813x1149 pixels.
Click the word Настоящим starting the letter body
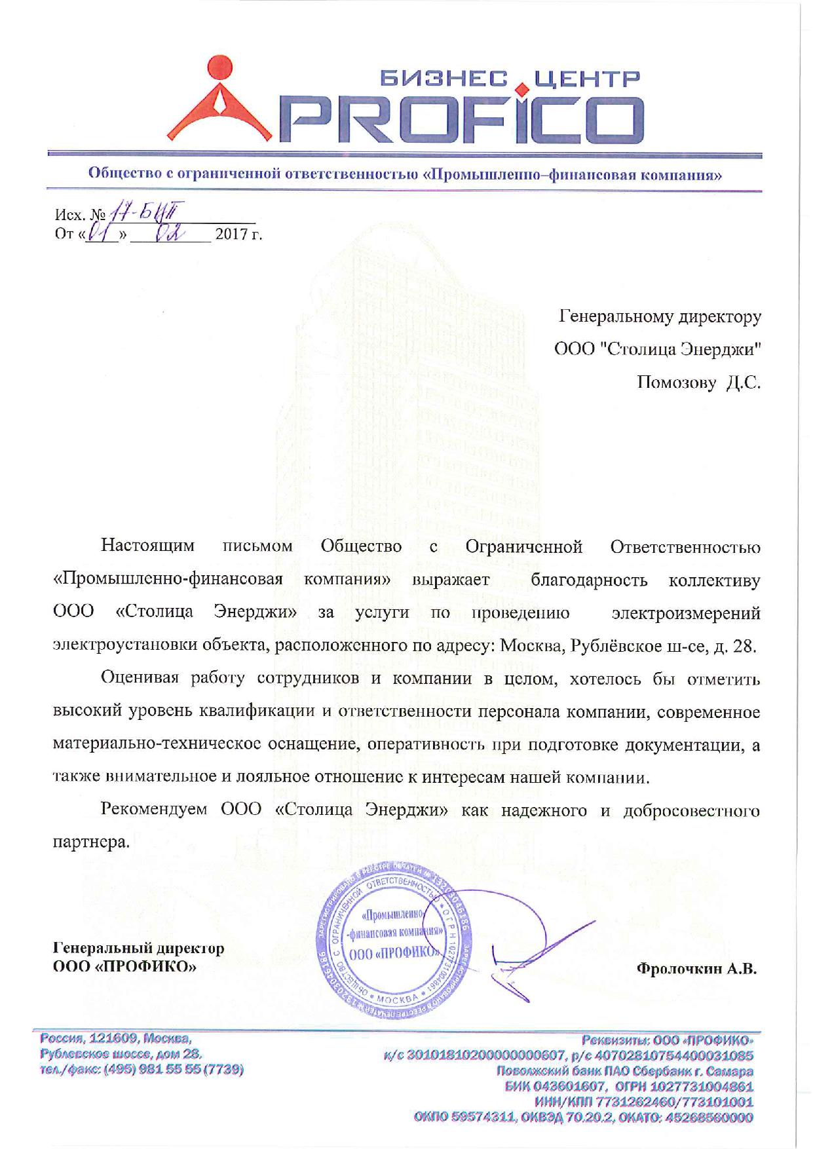pos(147,546)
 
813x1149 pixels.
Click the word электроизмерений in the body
pos(686,613)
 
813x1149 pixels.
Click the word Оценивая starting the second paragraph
pos(140,679)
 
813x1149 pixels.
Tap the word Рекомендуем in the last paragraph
pos(154,810)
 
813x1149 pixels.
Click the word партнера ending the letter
pos(90,842)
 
